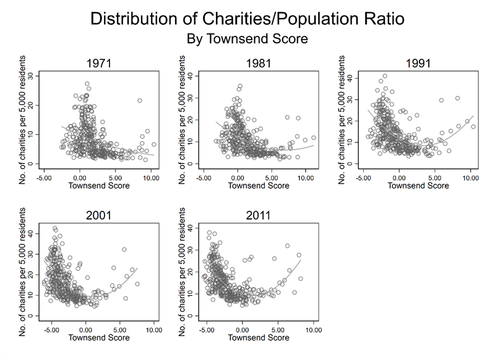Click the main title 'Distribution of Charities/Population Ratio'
pyautogui.click(x=247, y=19)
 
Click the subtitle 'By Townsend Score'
pyautogui.click(x=247, y=38)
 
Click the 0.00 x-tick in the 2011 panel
pyautogui.click(x=243, y=330)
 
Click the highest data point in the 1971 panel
pyautogui.click(x=87, y=84)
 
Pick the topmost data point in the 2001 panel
pyautogui.click(x=55, y=228)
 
